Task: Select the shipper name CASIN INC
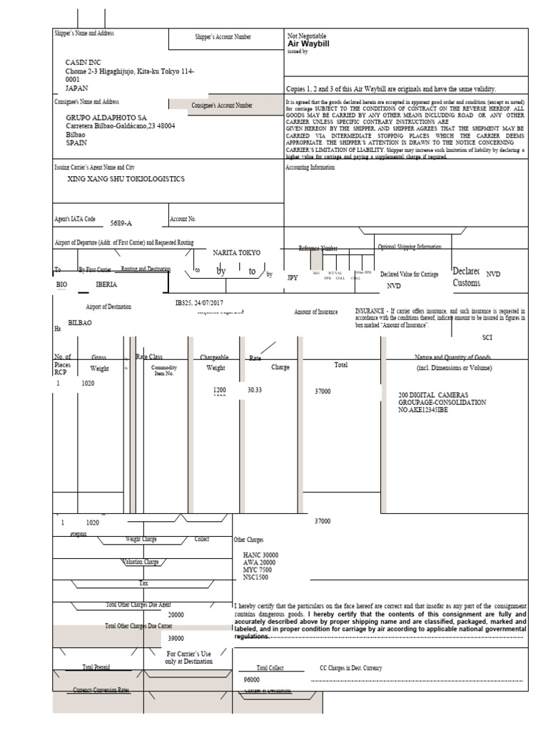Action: (83, 63)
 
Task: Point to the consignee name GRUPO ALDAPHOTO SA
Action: (106, 117)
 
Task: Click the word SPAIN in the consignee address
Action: (76, 143)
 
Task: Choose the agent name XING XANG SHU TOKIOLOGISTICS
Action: (126, 179)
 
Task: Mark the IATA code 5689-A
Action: (121, 223)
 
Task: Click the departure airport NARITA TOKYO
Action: (237, 253)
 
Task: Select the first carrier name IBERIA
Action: (106, 284)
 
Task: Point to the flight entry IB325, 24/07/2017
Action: (201, 302)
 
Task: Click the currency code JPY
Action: (291, 277)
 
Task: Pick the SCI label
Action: (488, 337)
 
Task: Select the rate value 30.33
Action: (255, 390)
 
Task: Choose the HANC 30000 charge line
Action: (260, 555)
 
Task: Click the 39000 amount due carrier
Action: (176, 639)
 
